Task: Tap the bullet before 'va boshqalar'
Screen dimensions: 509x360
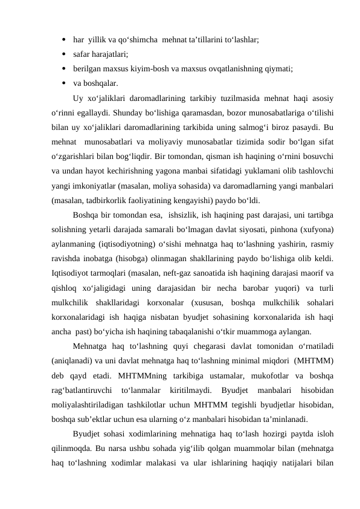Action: (x=63, y=83)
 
